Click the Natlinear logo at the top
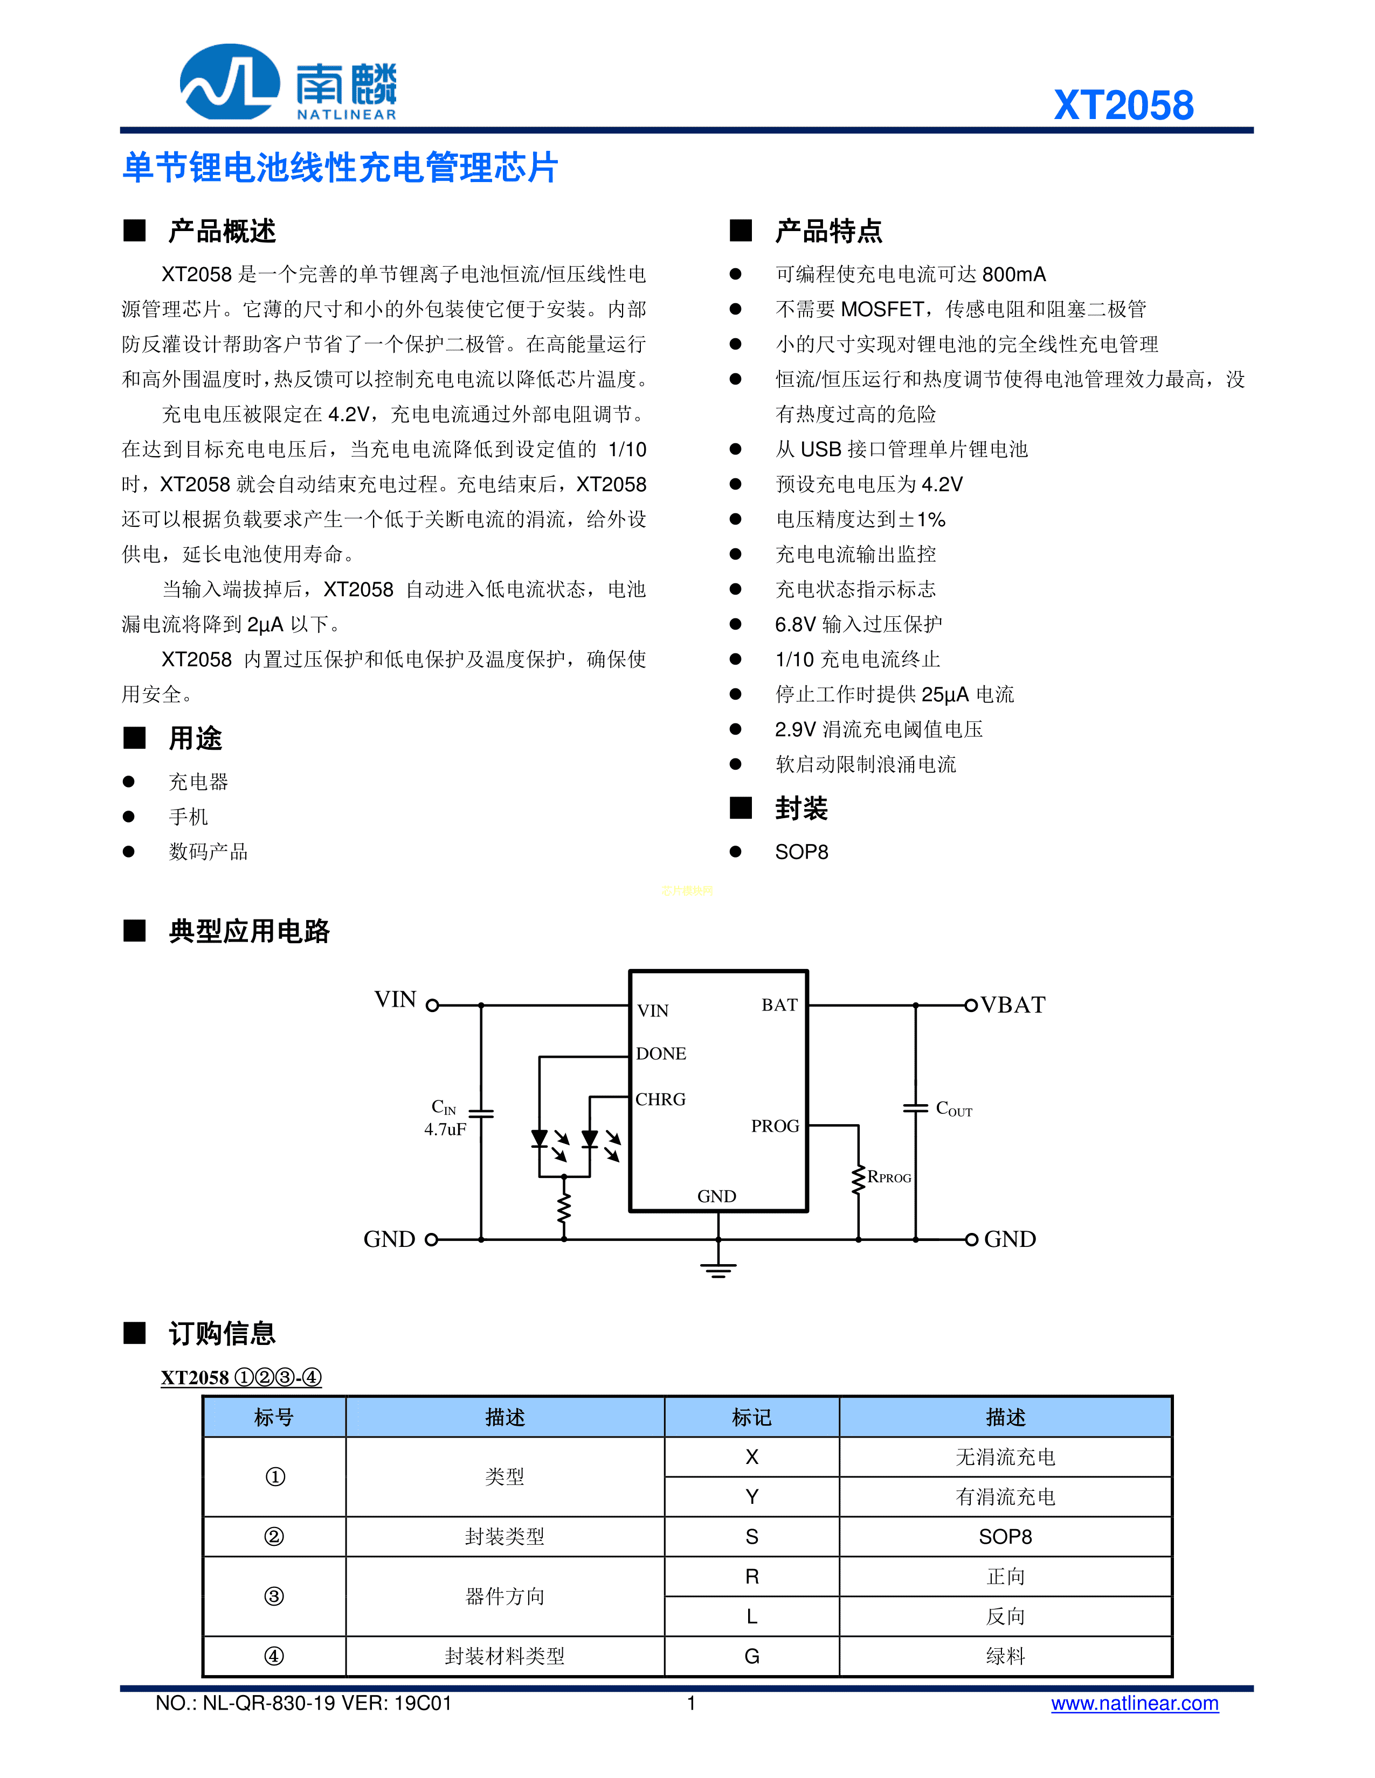[x=287, y=83]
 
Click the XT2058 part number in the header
[x=1123, y=106]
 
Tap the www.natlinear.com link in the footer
[x=1134, y=1703]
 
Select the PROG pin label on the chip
[x=775, y=1126]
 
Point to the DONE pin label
[x=661, y=1054]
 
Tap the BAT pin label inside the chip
[x=779, y=1005]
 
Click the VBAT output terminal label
[x=1012, y=1005]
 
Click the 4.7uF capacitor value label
[x=445, y=1129]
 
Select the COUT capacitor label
[x=953, y=1109]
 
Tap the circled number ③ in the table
[x=274, y=1595]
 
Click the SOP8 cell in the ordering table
[x=1005, y=1536]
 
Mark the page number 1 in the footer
[x=691, y=1703]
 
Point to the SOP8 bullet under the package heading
[x=801, y=852]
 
